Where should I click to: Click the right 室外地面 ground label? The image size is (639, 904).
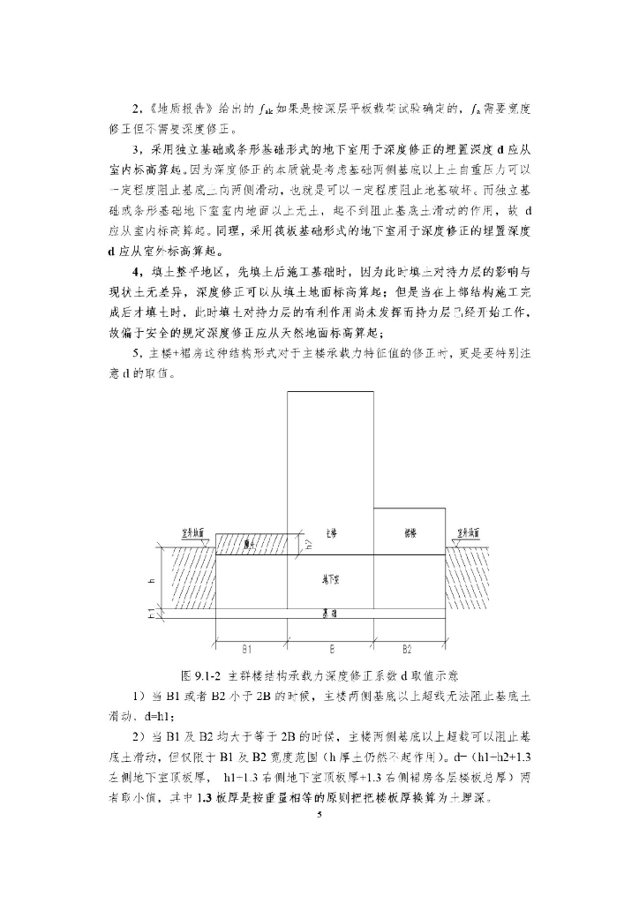[468, 533]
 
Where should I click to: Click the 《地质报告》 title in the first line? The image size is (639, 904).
[179, 109]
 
